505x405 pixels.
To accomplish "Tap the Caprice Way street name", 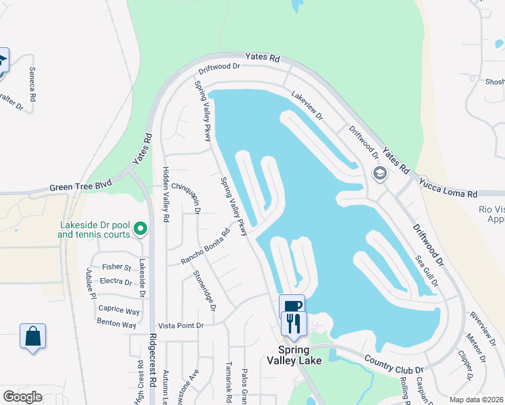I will point(119,310).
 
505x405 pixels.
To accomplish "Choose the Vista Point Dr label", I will point(180,325).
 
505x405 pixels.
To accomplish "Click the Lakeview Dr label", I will point(307,106).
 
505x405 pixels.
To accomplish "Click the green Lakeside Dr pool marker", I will point(140,230).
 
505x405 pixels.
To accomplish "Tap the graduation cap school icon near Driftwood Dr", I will point(379,175).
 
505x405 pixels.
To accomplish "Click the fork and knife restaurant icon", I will point(294,323).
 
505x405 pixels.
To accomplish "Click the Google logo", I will point(22,396).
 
